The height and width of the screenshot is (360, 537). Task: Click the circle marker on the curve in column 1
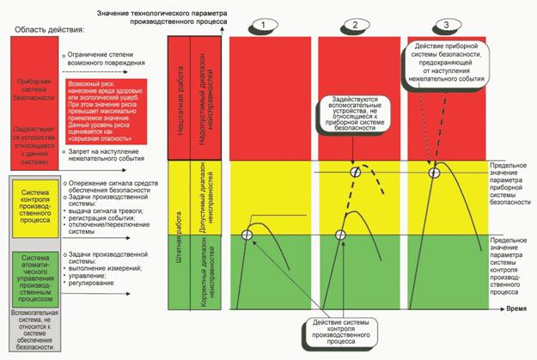pyautogui.click(x=247, y=235)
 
